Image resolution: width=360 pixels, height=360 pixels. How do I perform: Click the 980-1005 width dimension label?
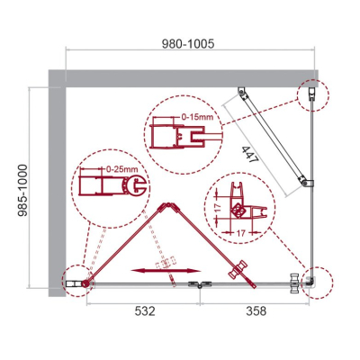point(188,44)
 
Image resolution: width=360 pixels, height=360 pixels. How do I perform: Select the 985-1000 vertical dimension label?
point(22,190)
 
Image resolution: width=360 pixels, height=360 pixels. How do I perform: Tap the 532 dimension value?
point(145,311)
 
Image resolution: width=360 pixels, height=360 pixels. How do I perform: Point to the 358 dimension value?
point(256,311)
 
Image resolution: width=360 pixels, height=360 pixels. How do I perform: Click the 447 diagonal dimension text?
point(250,155)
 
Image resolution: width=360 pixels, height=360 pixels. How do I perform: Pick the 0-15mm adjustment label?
point(197,117)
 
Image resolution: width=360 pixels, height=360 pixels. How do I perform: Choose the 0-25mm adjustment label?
point(121,169)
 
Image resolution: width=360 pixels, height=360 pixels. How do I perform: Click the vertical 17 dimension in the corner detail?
point(218,207)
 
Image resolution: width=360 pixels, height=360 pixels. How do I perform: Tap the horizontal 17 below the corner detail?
point(241,233)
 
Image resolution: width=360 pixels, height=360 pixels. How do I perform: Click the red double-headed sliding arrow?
point(166,271)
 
